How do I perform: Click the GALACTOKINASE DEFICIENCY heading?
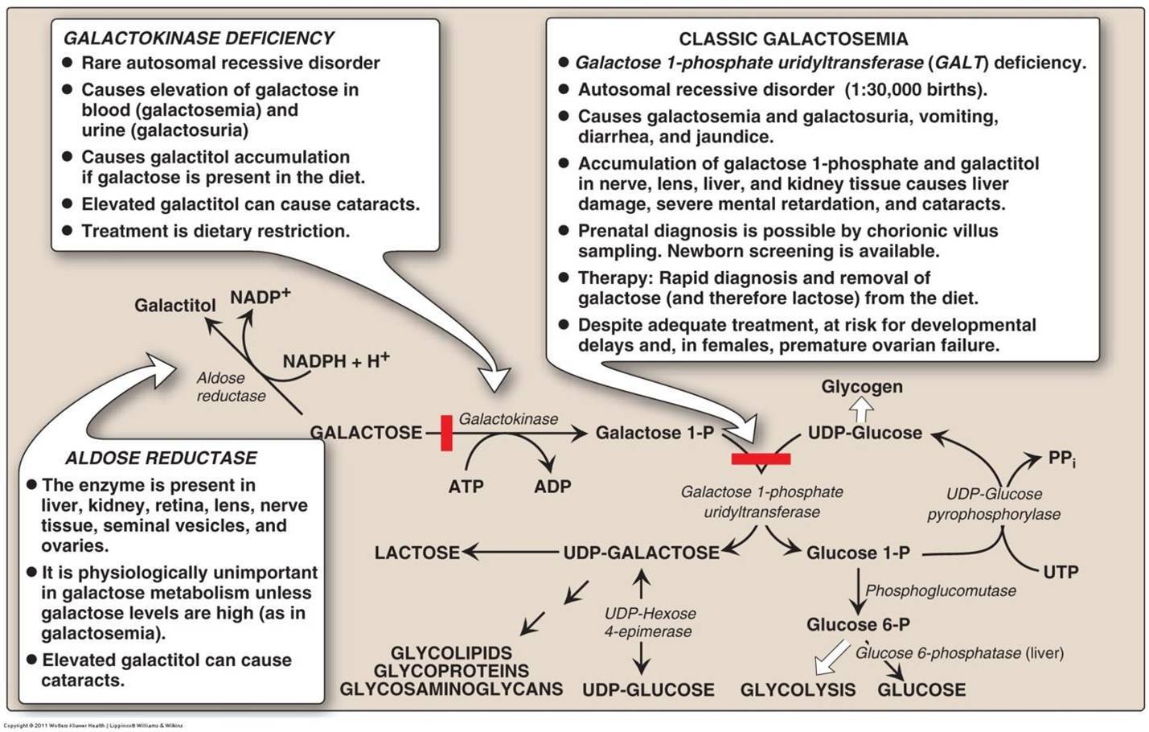[x=199, y=38]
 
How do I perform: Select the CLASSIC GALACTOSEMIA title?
[x=793, y=39]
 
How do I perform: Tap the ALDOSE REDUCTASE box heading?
[x=161, y=458]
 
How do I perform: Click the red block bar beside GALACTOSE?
[x=446, y=433]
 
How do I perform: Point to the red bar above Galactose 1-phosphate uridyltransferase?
[x=761, y=459]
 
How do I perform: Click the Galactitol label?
[x=174, y=306]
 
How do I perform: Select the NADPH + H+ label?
[x=335, y=361]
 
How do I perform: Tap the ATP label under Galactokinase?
[x=466, y=487]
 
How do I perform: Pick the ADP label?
[x=552, y=487]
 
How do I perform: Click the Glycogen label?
[x=861, y=387]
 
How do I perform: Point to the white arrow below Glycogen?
[x=861, y=409]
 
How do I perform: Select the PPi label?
[x=1061, y=459]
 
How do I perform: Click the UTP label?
[x=1060, y=572]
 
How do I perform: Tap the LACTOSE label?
[x=417, y=553]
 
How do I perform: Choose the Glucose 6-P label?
[x=858, y=624]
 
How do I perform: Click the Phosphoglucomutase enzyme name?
[x=940, y=590]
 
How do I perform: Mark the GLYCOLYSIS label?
[x=798, y=689]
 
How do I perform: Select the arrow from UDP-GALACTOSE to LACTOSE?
[x=511, y=552]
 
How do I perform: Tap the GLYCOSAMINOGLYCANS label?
[x=450, y=689]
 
